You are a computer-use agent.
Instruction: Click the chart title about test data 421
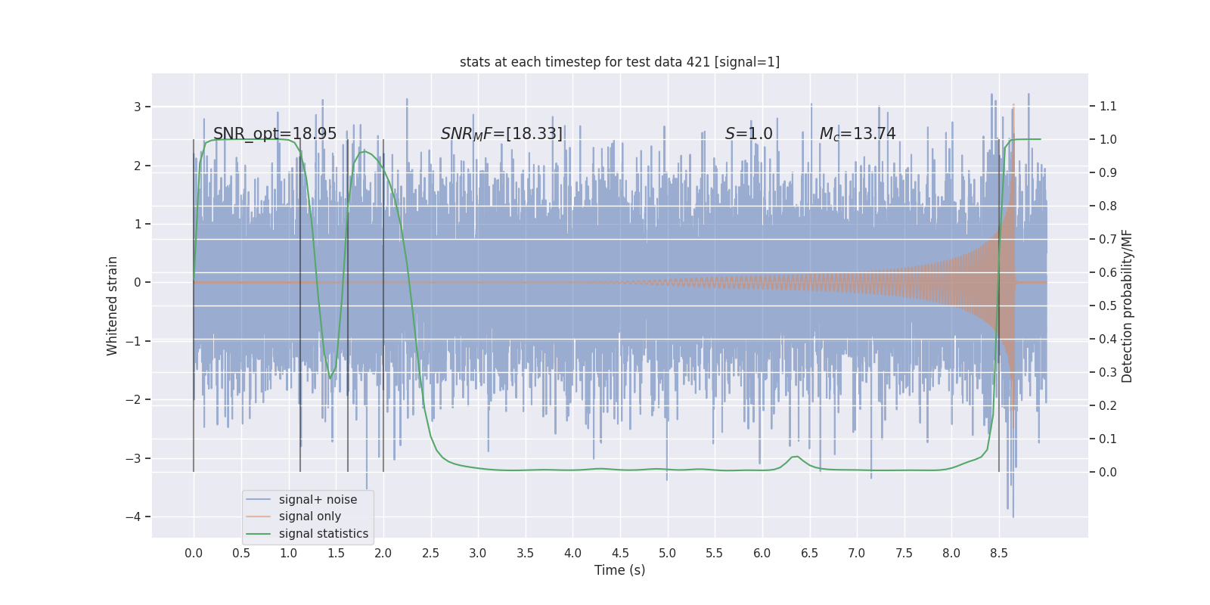[x=619, y=62]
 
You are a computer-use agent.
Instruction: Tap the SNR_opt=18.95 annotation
[x=275, y=134]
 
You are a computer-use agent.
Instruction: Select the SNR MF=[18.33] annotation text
[x=501, y=134]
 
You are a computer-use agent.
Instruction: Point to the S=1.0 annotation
[x=749, y=134]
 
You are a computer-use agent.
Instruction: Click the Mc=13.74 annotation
[x=858, y=134]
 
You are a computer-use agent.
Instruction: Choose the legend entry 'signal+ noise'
[x=318, y=500]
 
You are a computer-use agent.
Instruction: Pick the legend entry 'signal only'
[x=309, y=517]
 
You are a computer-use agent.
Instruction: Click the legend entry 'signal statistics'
[x=323, y=534]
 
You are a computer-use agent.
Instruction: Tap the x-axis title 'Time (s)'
[x=619, y=570]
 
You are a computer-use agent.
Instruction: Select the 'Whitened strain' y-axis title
[x=113, y=306]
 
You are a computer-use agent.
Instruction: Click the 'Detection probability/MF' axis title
[x=1127, y=306]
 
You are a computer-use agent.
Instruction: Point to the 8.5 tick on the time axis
[x=998, y=554]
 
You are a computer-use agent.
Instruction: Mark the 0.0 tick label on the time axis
[x=194, y=554]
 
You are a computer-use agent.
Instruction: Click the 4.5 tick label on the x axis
[x=620, y=554]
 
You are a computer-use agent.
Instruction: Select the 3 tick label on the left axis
[x=137, y=107]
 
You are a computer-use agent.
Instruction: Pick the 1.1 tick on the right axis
[x=1108, y=107]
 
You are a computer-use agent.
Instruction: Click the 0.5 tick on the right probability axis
[x=1108, y=306]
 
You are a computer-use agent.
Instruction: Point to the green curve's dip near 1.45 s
[x=330, y=377]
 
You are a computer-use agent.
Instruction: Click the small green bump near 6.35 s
[x=794, y=457]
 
